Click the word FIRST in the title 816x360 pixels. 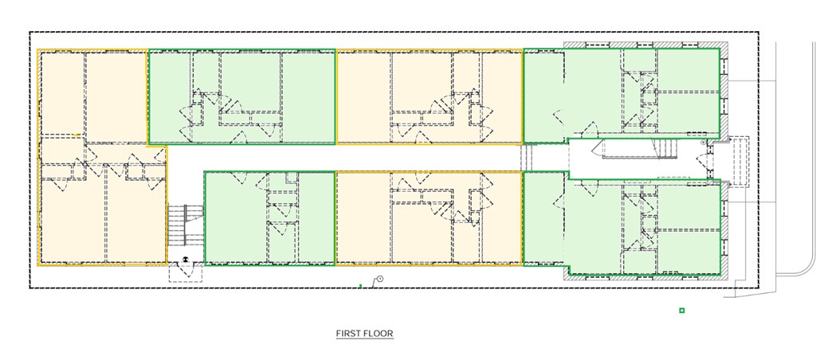point(347,334)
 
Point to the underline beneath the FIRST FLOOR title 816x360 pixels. point(365,338)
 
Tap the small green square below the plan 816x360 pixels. point(682,311)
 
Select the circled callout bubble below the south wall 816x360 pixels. point(380,280)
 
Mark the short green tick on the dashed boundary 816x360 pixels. point(361,286)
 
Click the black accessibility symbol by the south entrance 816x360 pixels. point(184,259)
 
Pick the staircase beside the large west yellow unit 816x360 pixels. point(185,225)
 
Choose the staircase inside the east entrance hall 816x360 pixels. point(665,149)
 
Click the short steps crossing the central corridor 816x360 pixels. point(528,158)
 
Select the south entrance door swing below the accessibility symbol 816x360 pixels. point(185,272)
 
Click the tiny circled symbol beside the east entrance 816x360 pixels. point(703,142)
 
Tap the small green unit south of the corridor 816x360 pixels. point(269,218)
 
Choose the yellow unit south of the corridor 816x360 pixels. point(430,218)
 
